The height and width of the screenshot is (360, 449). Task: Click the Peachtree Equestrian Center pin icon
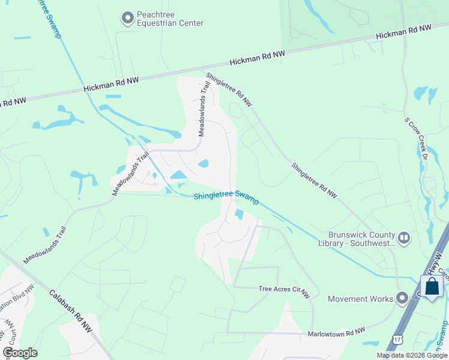pos(127,18)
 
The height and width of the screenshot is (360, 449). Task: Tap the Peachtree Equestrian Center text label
pos(170,19)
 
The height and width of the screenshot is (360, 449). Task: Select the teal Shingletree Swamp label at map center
pos(226,197)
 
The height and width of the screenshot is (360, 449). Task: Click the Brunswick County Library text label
pos(362,239)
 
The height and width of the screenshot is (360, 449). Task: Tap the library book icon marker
pos(404,238)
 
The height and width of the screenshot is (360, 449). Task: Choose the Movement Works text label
pos(361,299)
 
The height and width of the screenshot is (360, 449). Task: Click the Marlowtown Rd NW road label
pos(336,332)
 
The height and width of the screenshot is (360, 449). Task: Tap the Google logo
pos(20,353)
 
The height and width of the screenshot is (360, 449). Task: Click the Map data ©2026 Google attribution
pos(412,356)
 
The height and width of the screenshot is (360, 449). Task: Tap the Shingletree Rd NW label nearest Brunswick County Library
pos(315,180)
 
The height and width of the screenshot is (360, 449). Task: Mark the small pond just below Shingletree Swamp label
pos(240,214)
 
